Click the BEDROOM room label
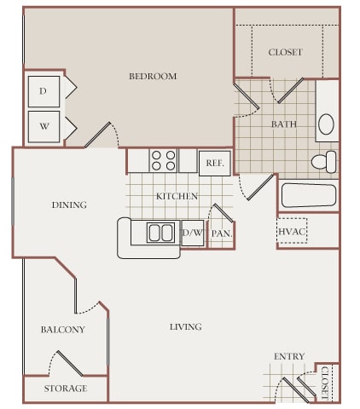pos(153,76)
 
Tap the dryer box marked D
pos(44,91)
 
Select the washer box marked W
pos(44,127)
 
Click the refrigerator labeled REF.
pos(215,164)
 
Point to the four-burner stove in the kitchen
pos(163,160)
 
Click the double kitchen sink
pos(160,233)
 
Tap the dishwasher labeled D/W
pos(193,233)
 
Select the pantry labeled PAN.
pos(222,234)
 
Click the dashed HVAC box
pos(292,231)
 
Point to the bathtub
pos(309,195)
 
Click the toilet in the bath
pos(324,162)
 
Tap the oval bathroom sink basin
pos(326,124)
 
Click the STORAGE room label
pos(66,389)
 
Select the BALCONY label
pos(63,330)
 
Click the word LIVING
pos(186,327)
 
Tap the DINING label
pos(69,204)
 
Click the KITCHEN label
pos(177,196)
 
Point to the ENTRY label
pos(289,356)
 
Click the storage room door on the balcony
pos(70,363)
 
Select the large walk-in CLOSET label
pos(285,52)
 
